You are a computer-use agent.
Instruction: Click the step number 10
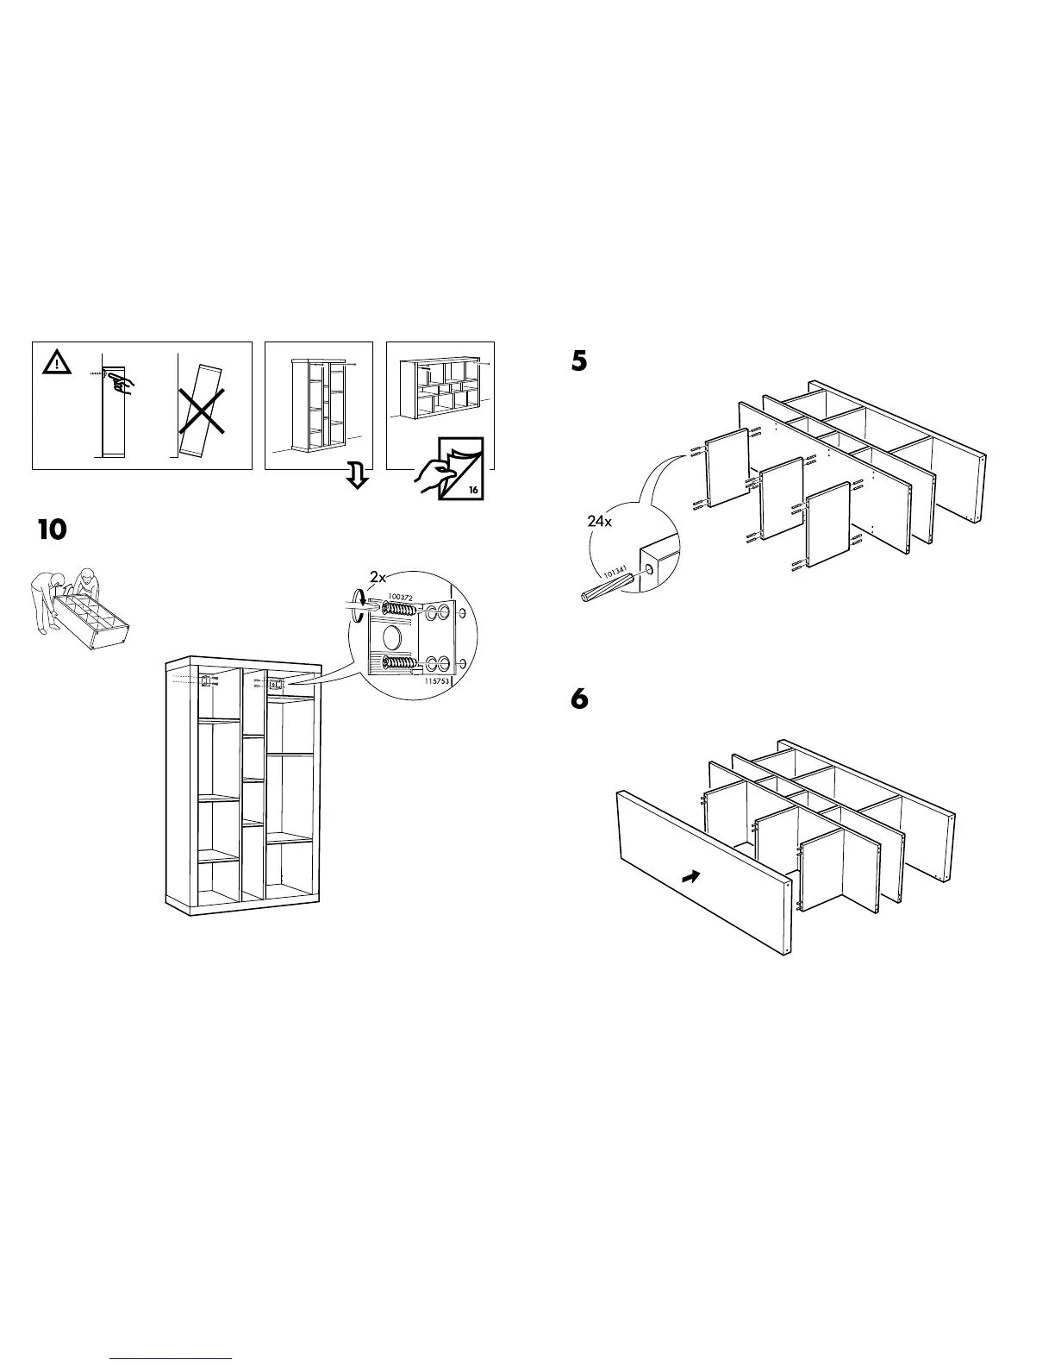(x=52, y=529)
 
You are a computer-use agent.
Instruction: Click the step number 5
(x=579, y=361)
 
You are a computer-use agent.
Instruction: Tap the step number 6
(x=579, y=699)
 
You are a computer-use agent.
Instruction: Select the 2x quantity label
(x=378, y=576)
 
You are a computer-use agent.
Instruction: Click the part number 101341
(x=615, y=572)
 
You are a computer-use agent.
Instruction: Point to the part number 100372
(x=402, y=597)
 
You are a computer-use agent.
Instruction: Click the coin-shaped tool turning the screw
(x=356, y=603)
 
